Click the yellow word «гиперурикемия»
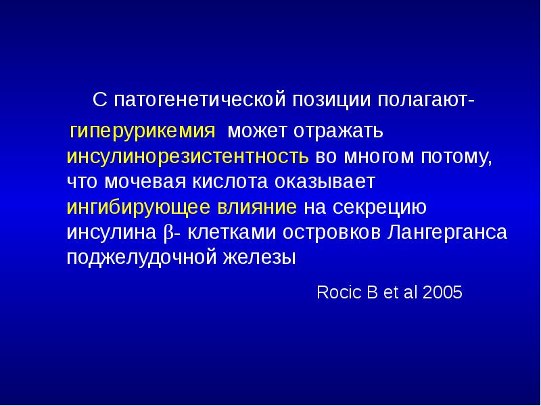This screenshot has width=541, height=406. click(143, 130)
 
